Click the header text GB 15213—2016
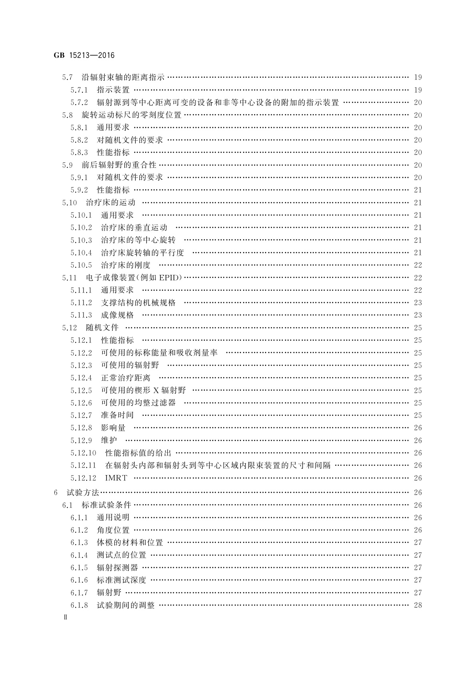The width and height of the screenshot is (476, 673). [84, 56]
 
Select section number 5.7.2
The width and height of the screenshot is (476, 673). [79, 103]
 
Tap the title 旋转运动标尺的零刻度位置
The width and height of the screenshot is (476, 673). [131, 115]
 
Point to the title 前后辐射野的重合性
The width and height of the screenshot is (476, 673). [119, 165]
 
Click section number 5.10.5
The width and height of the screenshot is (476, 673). [81, 265]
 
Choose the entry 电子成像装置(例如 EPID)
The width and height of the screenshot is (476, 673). [134, 278]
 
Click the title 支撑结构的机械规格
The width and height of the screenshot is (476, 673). [138, 303]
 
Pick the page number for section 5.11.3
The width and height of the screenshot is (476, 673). [418, 315]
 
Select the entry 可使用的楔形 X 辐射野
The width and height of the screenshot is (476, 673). [143, 390]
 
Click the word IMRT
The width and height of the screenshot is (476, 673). [116, 478]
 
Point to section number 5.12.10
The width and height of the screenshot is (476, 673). [84, 453]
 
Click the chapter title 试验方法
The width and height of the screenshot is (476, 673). [82, 493]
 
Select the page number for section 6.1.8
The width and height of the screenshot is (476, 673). [418, 605]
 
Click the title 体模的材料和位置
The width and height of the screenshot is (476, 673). [130, 543]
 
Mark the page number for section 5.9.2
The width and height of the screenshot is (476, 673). [418, 190]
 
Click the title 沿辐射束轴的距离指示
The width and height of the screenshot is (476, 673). [123, 78]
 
